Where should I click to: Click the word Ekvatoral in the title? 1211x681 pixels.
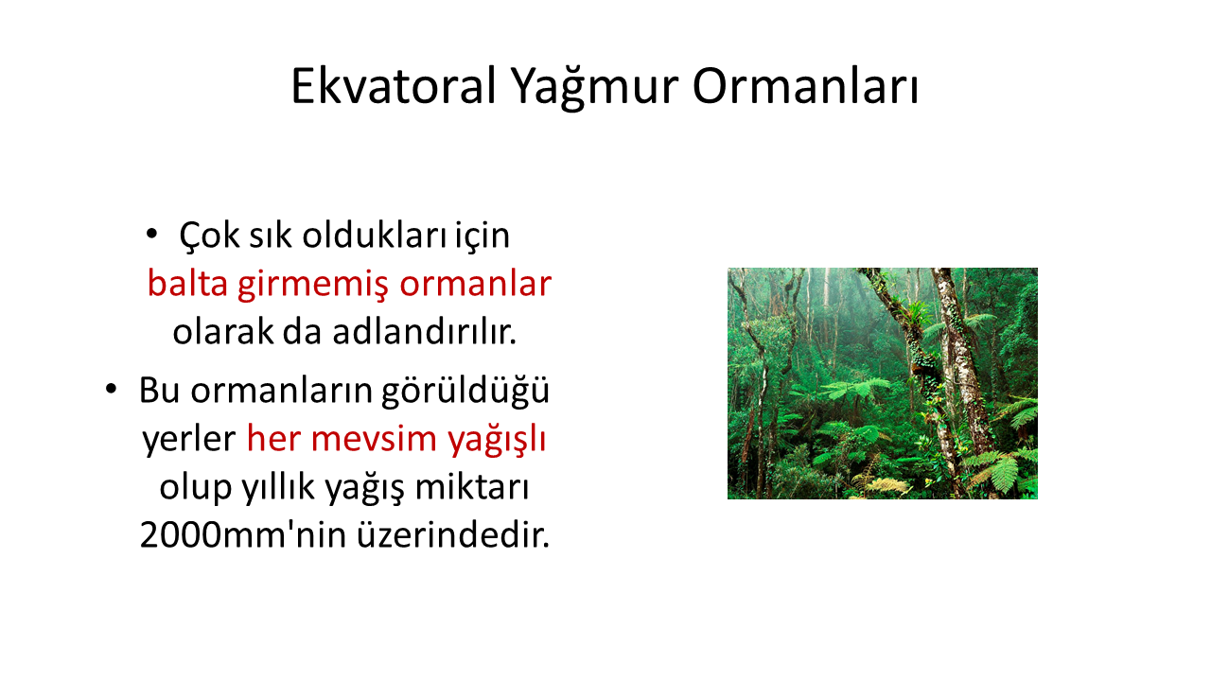click(394, 86)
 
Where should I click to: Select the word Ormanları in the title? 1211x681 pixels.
click(805, 86)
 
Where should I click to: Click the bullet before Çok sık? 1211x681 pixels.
click(152, 234)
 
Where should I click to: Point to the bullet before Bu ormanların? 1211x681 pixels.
click(111, 389)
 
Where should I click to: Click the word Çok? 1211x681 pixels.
click(209, 236)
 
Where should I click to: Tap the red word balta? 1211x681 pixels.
click(187, 283)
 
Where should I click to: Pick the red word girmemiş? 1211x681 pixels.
click(313, 286)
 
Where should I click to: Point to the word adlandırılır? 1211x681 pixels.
click(425, 331)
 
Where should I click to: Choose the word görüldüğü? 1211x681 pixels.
click(465, 391)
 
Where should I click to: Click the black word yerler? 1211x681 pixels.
click(188, 439)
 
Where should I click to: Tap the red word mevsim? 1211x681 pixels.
click(374, 439)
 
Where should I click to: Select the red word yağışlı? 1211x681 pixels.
click(497, 439)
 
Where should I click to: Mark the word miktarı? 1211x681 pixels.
click(472, 486)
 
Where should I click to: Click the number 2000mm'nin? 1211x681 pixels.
click(243, 535)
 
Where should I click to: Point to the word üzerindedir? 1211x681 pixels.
click(453, 534)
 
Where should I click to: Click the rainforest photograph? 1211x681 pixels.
click(883, 383)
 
